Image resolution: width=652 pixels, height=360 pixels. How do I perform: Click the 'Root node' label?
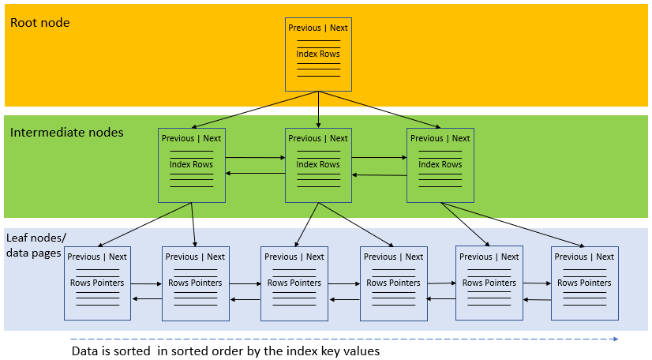click(x=39, y=23)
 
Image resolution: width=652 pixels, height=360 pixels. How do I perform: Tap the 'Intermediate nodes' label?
click(x=66, y=133)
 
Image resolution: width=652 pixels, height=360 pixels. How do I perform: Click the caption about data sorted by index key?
click(x=226, y=351)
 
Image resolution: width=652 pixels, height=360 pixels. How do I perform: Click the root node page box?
click(x=318, y=54)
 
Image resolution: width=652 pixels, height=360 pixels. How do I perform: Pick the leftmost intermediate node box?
click(x=191, y=165)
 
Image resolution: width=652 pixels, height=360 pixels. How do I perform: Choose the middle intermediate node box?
click(x=318, y=165)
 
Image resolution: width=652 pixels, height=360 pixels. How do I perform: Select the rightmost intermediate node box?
click(x=440, y=165)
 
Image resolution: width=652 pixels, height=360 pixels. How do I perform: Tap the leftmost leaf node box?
click(x=97, y=283)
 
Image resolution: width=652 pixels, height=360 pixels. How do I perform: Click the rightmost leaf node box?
click(x=584, y=283)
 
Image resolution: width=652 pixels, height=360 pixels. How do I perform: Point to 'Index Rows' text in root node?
click(x=318, y=54)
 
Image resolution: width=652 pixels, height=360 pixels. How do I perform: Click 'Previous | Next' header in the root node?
click(x=318, y=28)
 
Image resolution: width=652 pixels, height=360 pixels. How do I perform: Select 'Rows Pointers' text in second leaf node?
click(x=195, y=283)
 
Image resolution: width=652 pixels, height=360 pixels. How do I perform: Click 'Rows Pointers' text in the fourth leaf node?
click(x=393, y=283)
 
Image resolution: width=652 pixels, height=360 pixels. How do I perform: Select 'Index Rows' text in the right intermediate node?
click(x=440, y=164)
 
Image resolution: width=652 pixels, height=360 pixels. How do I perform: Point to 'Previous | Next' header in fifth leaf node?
click(x=489, y=257)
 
